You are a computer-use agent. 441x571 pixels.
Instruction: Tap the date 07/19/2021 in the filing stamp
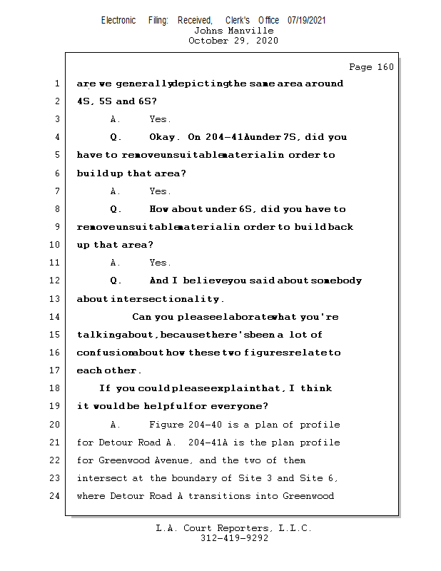307,20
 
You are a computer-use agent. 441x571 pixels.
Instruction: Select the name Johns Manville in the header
233,31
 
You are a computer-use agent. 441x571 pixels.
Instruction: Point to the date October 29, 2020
233,41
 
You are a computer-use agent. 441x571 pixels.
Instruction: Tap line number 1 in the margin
57,84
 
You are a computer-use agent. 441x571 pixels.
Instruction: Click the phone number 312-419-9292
233,538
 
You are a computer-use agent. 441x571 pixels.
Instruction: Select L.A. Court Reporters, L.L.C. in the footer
233,528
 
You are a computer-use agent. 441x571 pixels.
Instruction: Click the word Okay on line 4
165,137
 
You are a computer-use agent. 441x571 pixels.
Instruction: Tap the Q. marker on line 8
116,209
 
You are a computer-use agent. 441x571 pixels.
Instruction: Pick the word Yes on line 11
160,263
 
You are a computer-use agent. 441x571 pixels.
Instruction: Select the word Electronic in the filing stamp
118,20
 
